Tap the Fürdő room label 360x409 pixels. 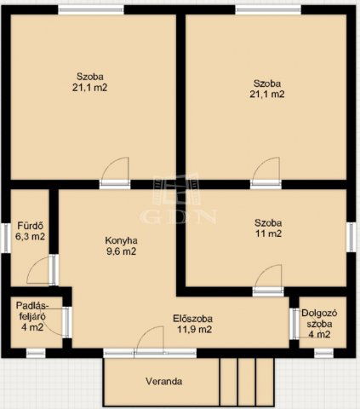tap(31, 226)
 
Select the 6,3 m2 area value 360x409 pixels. tap(31, 237)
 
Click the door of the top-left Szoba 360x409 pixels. tap(114, 170)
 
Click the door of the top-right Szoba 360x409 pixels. tap(265, 170)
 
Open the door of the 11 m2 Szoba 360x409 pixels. tap(267, 280)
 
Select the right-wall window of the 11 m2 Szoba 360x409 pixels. tap(351, 236)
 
